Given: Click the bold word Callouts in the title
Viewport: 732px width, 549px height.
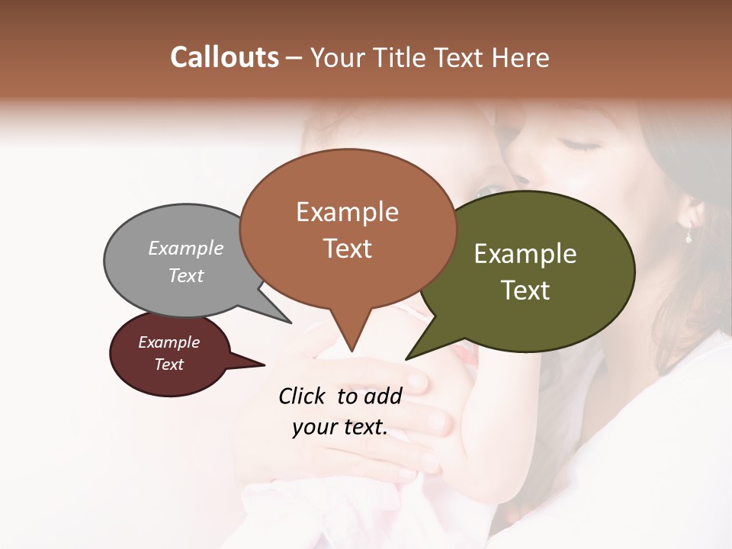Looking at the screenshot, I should (x=224, y=57).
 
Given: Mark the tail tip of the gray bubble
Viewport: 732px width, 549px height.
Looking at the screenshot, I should (x=291, y=323).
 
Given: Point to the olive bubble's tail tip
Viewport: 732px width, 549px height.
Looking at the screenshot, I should (x=407, y=358).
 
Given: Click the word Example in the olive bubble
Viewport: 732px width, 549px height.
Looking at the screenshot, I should (x=525, y=254).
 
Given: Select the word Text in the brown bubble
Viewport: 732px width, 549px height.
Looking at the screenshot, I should (x=348, y=249).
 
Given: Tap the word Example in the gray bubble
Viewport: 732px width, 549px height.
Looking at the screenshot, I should (x=186, y=249).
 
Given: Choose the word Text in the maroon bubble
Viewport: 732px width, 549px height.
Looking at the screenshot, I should (x=169, y=364).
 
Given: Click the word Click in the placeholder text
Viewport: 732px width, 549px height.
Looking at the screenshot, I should (x=303, y=396).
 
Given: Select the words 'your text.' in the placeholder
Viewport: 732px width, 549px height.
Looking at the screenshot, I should (x=340, y=428).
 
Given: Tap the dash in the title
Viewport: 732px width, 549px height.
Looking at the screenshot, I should (x=294, y=58).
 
